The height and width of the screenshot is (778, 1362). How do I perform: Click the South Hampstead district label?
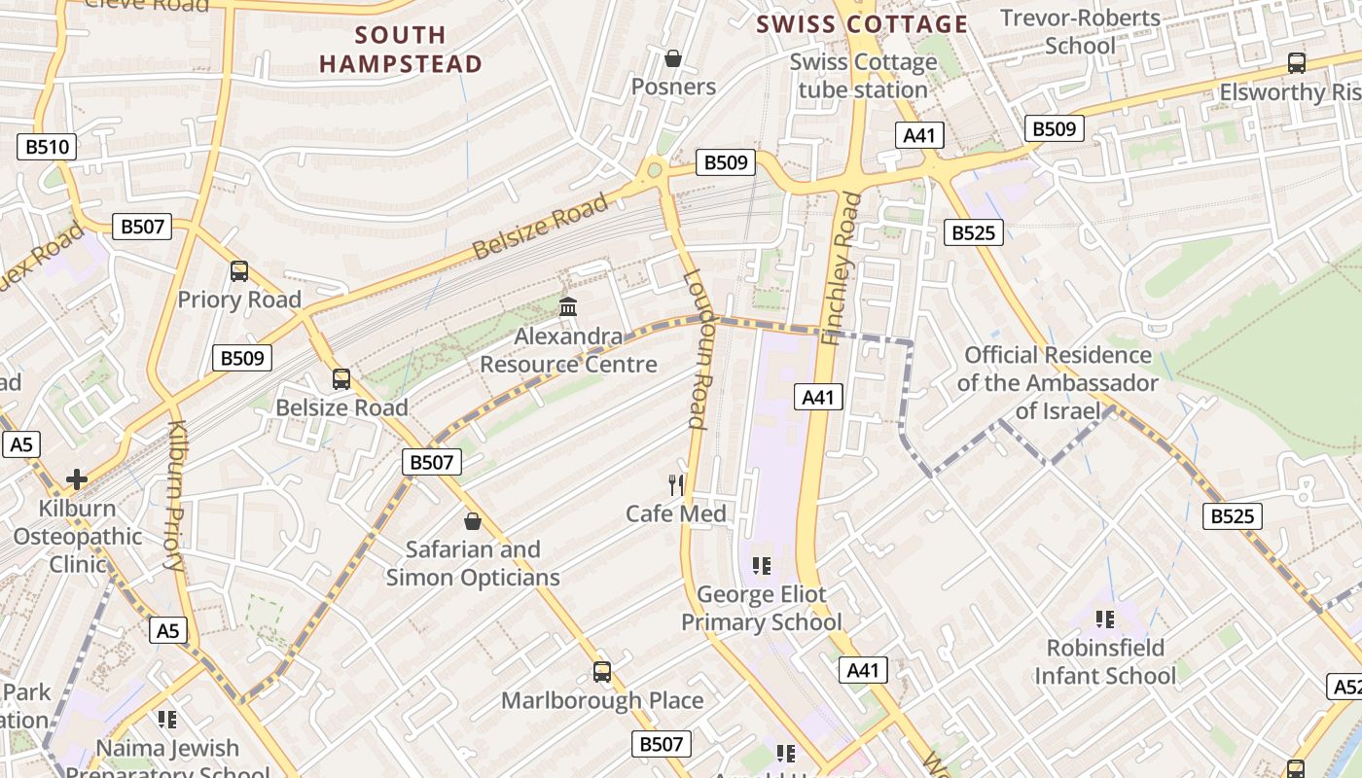tap(401, 50)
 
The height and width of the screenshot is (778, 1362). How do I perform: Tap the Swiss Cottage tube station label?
tap(863, 76)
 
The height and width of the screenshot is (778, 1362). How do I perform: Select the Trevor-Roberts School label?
tap(1080, 32)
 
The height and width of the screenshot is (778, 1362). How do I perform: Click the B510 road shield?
tap(47, 148)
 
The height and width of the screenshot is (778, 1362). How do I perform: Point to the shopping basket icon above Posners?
tap(672, 59)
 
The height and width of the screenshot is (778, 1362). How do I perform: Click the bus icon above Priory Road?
tap(239, 271)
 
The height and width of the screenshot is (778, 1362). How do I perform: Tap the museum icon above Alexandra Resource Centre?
tap(568, 307)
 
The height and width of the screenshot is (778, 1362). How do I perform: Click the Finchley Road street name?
tap(842, 268)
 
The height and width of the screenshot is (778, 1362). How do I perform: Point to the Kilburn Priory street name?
tap(176, 495)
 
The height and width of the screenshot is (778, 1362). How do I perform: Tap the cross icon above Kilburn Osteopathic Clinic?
tap(77, 479)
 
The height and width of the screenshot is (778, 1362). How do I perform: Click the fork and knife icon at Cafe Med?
tap(676, 484)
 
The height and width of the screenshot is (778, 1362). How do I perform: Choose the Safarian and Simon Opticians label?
tap(473, 563)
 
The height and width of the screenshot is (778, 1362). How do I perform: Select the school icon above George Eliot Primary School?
tap(762, 565)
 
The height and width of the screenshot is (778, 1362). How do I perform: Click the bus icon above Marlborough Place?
tap(602, 672)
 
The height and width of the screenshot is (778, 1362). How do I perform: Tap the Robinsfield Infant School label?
tap(1105, 661)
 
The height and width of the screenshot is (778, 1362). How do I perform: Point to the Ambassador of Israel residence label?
tap(1057, 382)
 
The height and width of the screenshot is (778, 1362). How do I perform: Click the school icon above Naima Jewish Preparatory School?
tap(167, 720)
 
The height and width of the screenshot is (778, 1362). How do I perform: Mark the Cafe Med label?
tap(676, 513)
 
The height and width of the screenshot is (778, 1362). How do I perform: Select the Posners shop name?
tap(673, 87)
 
